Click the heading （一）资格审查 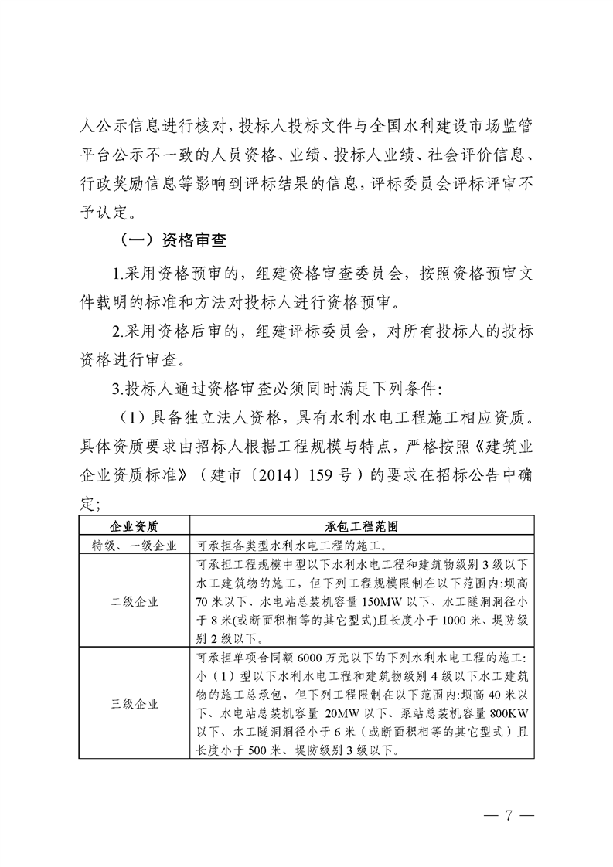[x=169, y=240]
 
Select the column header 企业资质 [x=135, y=526]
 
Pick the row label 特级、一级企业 [x=135, y=545]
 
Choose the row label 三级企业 [x=135, y=704]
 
